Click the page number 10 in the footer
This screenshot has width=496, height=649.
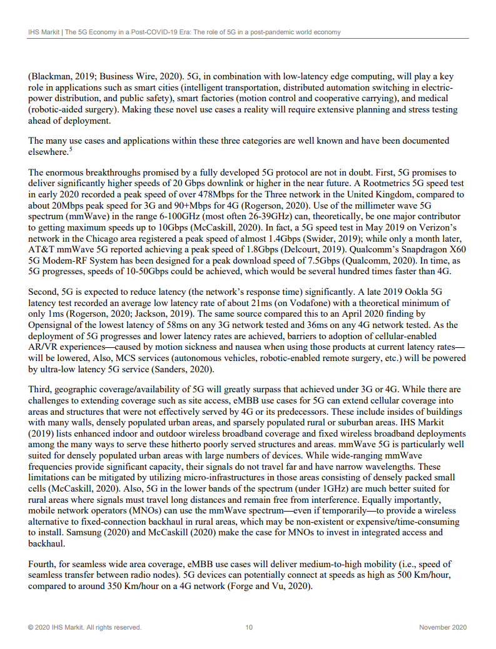[248, 627]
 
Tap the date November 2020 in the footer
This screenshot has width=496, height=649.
[442, 627]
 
